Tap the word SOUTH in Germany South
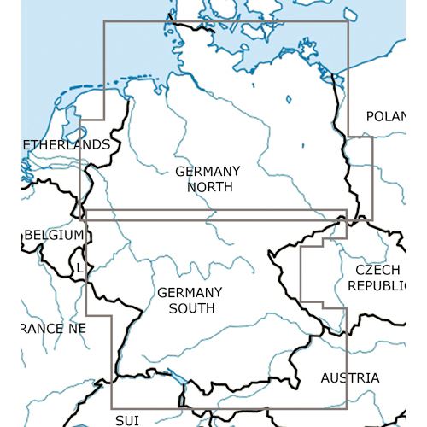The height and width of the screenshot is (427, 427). (x=190, y=307)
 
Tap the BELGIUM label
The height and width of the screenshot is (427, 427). (x=56, y=234)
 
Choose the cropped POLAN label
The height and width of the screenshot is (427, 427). (x=383, y=116)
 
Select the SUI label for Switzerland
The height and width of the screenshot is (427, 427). (x=126, y=420)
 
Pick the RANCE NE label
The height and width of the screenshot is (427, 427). (x=54, y=328)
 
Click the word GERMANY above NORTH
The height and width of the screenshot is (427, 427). (x=208, y=171)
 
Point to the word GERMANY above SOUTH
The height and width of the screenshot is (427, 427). (x=190, y=292)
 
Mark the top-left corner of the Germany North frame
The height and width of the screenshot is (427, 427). (x=104, y=21)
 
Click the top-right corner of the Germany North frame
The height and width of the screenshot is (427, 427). (x=348, y=21)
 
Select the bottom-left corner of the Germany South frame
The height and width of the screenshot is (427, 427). (x=111, y=407)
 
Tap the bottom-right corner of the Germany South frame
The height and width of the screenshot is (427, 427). (x=347, y=407)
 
